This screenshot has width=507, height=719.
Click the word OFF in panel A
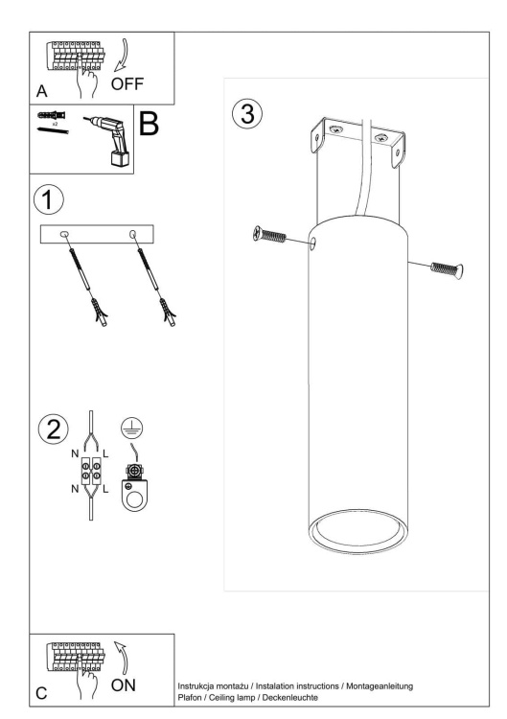coord(127,84)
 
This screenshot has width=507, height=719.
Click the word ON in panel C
coord(124,685)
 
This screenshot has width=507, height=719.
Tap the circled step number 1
coord(49,199)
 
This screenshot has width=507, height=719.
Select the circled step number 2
coord(53,429)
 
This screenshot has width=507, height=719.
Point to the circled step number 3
coord(247,114)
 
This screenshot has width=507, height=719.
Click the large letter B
coord(149,123)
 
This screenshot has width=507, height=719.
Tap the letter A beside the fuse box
coord(42,91)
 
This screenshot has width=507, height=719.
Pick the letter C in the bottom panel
coord(41,693)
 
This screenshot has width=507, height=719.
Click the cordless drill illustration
coord(110,140)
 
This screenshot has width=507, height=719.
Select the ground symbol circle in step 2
coord(131,429)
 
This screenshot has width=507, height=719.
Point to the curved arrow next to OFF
coord(122,55)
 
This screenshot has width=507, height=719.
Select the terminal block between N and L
coord(91,471)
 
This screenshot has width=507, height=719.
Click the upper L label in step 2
coord(105,454)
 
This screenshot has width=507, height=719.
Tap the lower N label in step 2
coord(75,489)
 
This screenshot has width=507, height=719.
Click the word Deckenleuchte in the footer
coord(289,698)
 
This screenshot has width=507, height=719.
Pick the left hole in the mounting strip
coord(64,235)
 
